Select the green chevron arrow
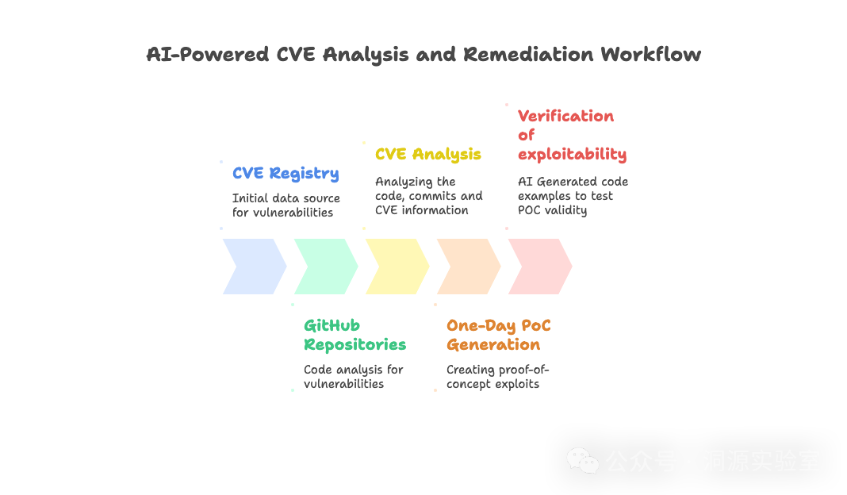click(324, 267)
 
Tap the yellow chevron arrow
click(395, 267)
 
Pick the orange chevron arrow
click(466, 267)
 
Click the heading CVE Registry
click(286, 174)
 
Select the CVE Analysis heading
click(428, 154)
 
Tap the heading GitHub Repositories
click(355, 335)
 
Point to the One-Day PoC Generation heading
click(498, 335)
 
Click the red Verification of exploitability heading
click(571, 135)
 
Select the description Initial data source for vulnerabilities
click(286, 205)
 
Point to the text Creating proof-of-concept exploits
click(497, 377)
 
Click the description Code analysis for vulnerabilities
click(353, 377)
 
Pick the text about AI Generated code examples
click(573, 195)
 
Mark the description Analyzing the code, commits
click(428, 196)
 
